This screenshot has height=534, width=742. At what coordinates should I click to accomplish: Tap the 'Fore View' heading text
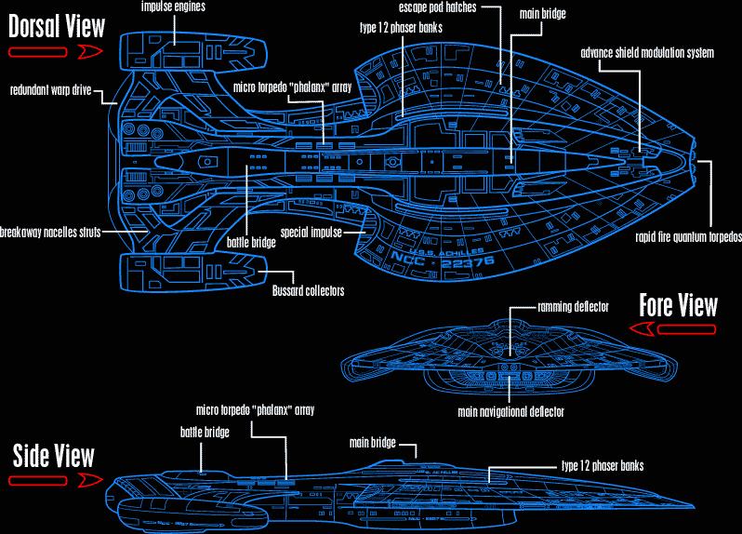tap(678, 305)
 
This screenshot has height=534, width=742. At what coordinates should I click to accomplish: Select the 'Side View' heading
tap(53, 455)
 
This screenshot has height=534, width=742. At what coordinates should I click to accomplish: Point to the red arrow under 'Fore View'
tap(674, 328)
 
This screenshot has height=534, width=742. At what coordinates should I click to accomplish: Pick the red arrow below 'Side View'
tap(54, 480)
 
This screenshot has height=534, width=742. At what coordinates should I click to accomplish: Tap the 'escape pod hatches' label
tap(437, 7)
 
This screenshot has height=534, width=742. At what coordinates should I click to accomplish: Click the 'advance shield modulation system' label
tap(647, 53)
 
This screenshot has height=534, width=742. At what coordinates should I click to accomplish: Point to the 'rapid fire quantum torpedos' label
tap(688, 236)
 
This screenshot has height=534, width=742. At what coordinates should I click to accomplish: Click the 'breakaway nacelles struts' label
tap(50, 232)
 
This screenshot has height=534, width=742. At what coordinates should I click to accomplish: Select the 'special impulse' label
tap(311, 231)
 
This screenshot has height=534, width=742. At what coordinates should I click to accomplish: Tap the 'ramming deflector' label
tap(573, 306)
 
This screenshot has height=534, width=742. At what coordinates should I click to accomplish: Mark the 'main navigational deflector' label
tap(511, 410)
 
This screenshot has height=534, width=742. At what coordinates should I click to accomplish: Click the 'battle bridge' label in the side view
tap(204, 432)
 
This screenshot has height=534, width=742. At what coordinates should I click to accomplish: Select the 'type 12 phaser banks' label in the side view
tap(603, 465)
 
